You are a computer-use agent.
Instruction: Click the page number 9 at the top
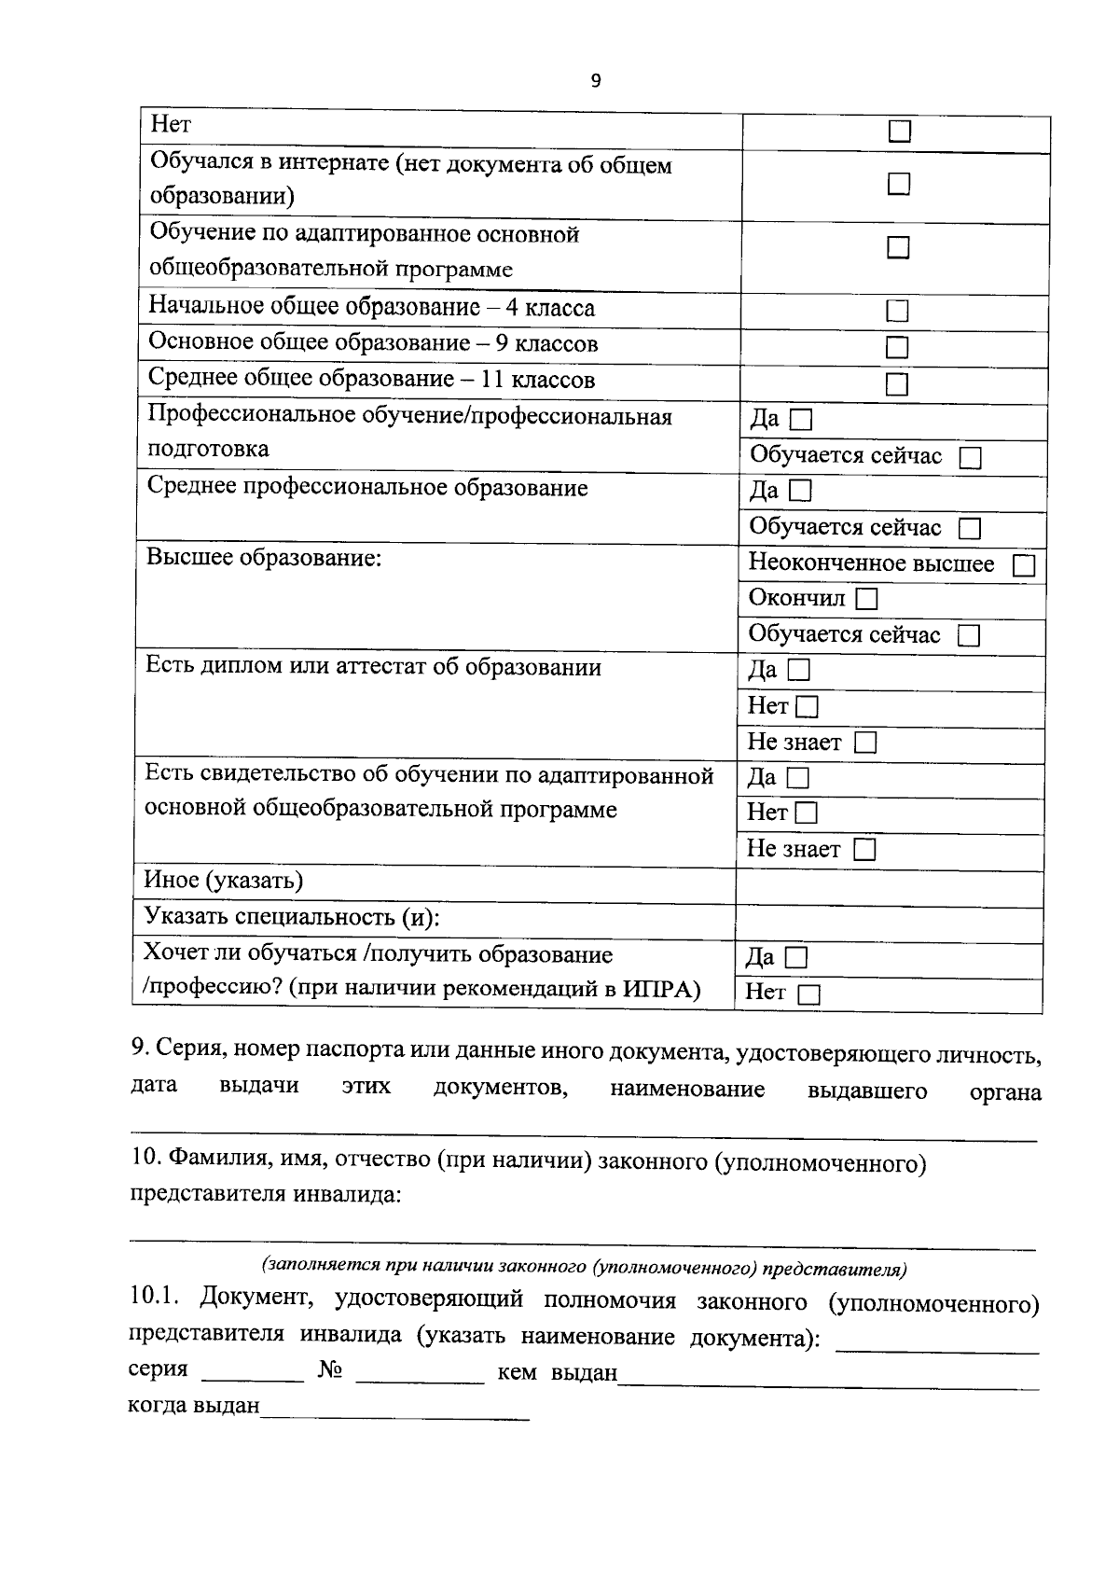tap(596, 80)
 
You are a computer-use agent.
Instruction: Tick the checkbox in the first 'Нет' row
tap(899, 132)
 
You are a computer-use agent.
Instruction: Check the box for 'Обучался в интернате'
tap(898, 184)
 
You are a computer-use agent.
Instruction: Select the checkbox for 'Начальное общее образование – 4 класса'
tap(897, 311)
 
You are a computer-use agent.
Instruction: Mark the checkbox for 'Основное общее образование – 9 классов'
tap(897, 348)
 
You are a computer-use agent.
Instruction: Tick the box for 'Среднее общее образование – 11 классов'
tap(897, 384)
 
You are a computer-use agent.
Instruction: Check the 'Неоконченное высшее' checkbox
tap(1024, 566)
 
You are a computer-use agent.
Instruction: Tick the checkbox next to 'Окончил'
tap(867, 599)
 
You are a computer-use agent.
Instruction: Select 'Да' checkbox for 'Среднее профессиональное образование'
tap(801, 491)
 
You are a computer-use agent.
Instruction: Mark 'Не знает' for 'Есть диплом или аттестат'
tap(866, 743)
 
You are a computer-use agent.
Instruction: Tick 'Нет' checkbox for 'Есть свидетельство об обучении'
tap(807, 813)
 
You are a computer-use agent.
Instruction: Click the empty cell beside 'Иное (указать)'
tap(888, 887)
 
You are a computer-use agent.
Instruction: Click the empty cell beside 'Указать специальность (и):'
tap(888, 923)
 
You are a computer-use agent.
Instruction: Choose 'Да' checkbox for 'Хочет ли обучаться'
tap(796, 958)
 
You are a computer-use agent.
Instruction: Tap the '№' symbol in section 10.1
tap(329, 1369)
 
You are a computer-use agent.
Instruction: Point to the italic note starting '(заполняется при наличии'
tap(585, 1268)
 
